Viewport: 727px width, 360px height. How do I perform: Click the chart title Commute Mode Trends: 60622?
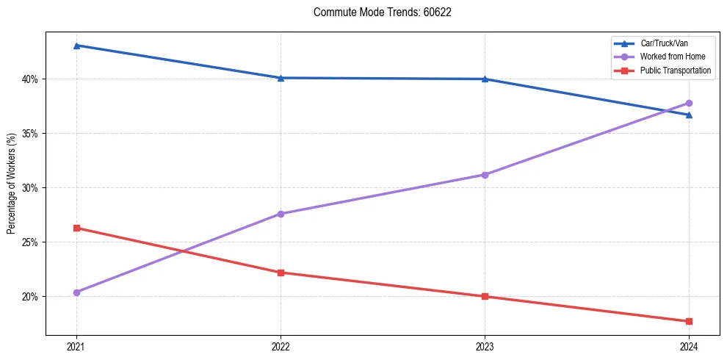pos(377,12)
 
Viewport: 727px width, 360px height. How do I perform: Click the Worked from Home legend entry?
pos(673,57)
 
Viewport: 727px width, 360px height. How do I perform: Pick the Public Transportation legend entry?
pos(676,71)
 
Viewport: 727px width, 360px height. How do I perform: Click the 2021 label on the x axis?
pos(76,346)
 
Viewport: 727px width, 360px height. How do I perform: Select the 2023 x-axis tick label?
pos(485,346)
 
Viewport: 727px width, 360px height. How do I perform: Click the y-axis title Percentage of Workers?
pos(12,184)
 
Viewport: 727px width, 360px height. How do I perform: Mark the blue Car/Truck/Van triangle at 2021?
pos(76,46)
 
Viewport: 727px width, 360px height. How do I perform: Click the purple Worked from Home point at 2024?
pos(689,103)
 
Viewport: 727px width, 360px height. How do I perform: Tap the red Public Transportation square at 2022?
pos(281,273)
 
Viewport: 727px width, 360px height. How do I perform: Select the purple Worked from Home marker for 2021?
pos(76,292)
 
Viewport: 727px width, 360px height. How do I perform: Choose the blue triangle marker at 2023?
pos(485,79)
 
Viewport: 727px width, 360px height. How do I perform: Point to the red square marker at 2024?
pos(689,321)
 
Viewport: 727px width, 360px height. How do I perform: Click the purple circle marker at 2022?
pos(281,214)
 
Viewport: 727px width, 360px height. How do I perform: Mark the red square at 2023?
pos(485,297)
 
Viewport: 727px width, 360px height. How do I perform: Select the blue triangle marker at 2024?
pos(689,115)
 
